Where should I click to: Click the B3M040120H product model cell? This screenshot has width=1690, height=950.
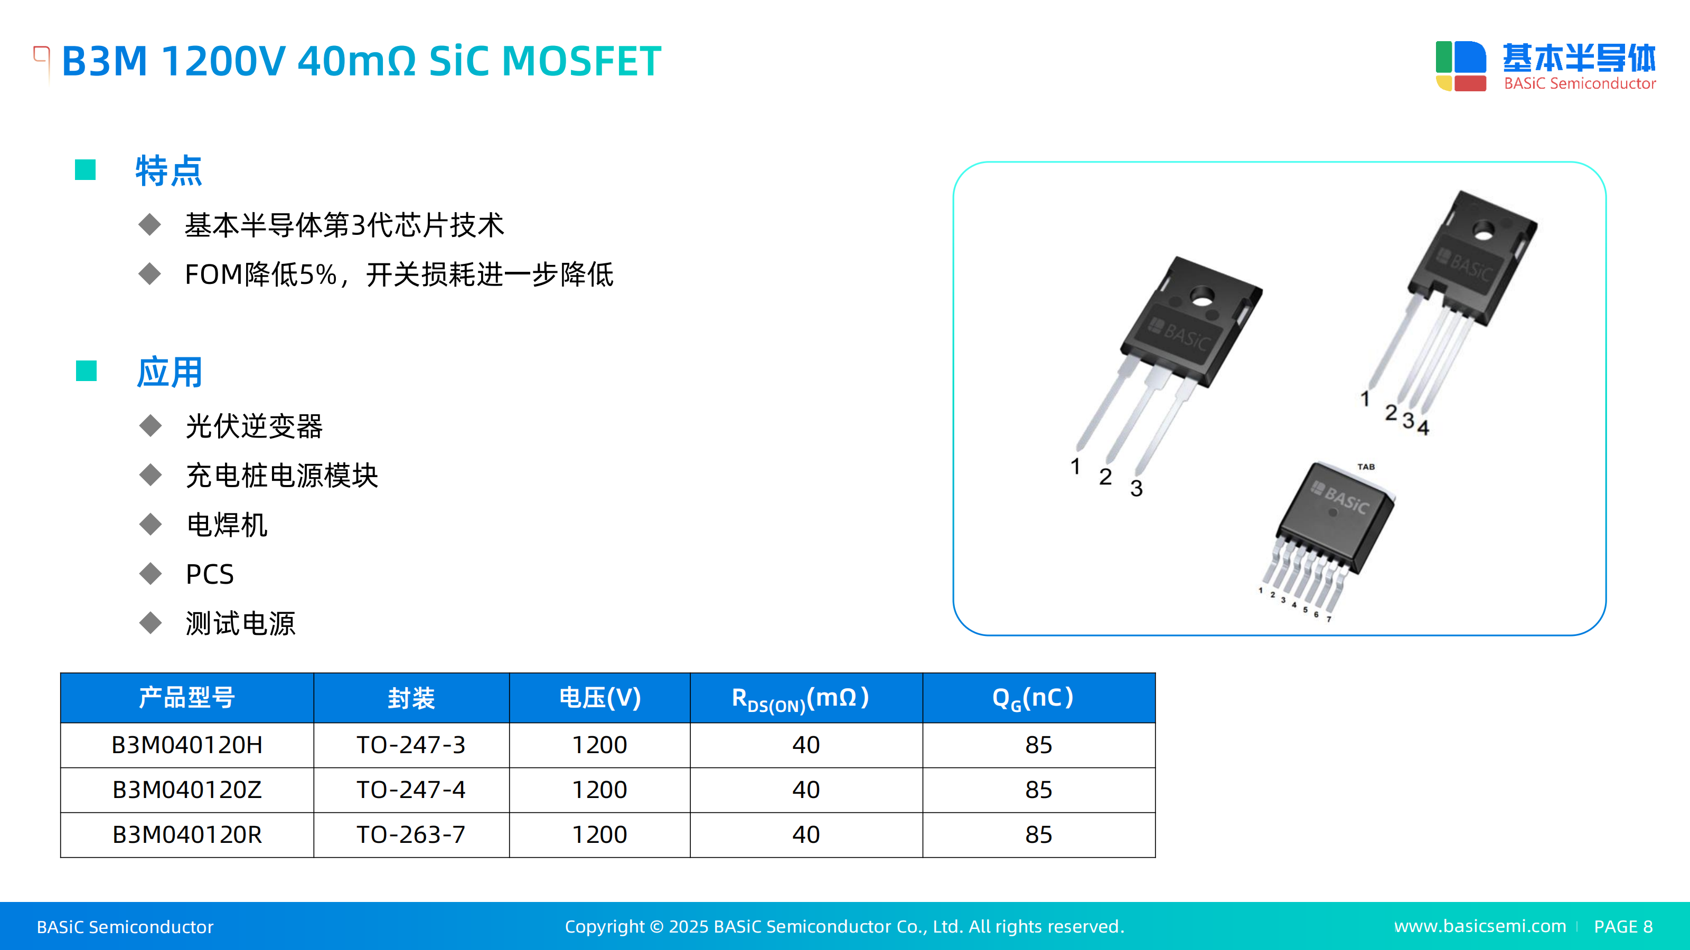tap(187, 745)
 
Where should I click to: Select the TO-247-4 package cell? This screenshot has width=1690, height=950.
tap(411, 790)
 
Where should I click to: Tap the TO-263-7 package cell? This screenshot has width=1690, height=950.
tap(411, 834)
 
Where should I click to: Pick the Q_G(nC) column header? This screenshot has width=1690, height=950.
tap(1038, 698)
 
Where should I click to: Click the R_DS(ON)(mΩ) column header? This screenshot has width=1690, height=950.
tap(806, 698)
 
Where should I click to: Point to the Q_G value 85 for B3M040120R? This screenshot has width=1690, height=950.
tap(1038, 834)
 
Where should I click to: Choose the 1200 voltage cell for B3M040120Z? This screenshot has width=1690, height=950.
tap(599, 790)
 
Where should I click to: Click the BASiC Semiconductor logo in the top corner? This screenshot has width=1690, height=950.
tap(1545, 65)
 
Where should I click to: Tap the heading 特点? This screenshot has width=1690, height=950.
tap(168, 171)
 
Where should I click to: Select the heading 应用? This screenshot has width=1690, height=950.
tap(169, 373)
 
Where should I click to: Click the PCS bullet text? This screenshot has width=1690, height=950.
tap(210, 574)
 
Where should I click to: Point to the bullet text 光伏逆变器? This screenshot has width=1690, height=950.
tap(255, 426)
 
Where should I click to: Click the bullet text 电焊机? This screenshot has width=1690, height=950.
tap(227, 525)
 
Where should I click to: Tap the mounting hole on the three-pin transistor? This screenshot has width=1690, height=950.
tap(1202, 299)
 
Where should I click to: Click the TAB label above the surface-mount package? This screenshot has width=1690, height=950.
tap(1366, 467)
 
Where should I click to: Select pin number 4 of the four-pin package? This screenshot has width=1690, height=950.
tap(1422, 427)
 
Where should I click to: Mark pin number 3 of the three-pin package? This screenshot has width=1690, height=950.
tap(1137, 488)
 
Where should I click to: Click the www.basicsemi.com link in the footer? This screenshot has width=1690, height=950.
tap(1480, 926)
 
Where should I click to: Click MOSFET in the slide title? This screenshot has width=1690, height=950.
tap(581, 62)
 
